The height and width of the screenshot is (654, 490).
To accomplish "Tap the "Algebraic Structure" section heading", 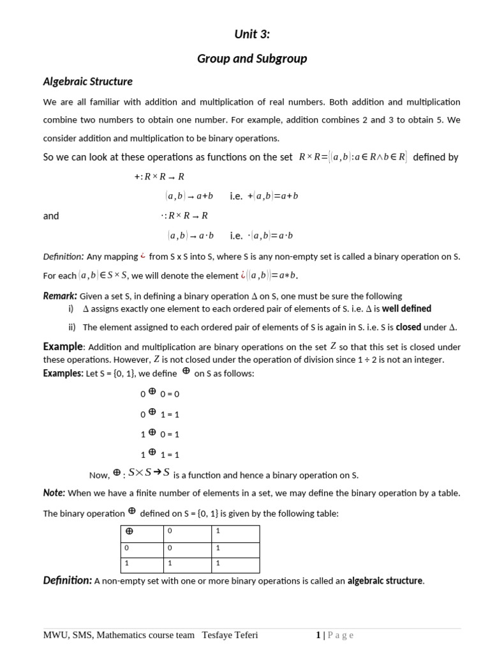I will point(87,82).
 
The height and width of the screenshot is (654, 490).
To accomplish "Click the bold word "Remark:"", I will point(60,296).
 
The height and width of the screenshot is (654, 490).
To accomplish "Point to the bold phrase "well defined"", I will point(406,308).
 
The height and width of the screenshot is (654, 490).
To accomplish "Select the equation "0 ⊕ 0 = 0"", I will point(160,394).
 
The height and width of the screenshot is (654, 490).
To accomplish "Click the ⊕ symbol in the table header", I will point(129,531).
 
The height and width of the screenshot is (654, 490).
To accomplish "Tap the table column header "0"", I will point(170,531).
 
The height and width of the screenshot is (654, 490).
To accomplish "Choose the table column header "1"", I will point(218,531).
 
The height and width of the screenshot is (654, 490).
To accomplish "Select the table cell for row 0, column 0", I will point(170,548).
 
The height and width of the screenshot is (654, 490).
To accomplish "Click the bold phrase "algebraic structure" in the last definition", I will point(385,581).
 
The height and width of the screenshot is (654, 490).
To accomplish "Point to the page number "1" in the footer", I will point(318,635).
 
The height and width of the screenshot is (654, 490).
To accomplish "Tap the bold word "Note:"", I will point(54,492).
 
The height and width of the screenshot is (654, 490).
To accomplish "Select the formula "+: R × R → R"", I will point(159,176).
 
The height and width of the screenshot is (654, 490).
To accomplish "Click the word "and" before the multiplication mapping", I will point(51,216).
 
